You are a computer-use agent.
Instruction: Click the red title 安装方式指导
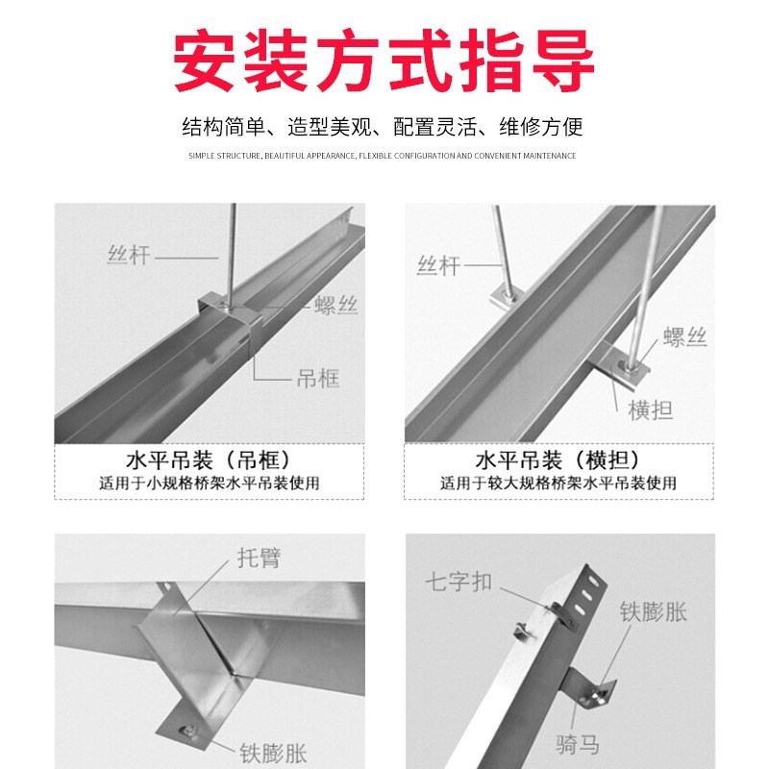384,60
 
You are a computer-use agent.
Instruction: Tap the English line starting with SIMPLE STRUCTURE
383,156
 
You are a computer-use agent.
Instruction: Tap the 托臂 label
259,558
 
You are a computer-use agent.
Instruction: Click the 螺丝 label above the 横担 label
684,337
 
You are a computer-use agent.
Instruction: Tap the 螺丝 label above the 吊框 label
335,307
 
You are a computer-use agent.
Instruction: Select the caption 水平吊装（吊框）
208,459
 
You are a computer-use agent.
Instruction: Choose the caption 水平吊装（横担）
558,459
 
